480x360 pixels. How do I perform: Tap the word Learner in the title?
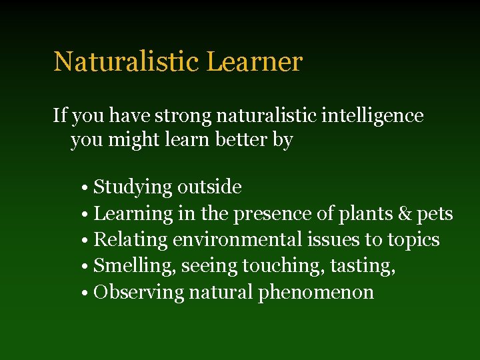(255, 62)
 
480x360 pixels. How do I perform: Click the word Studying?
(133, 188)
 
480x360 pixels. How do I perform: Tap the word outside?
(209, 187)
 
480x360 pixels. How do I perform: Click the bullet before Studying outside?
(87, 188)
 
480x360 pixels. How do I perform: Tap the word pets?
(435, 215)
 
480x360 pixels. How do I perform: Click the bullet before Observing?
(87, 293)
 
